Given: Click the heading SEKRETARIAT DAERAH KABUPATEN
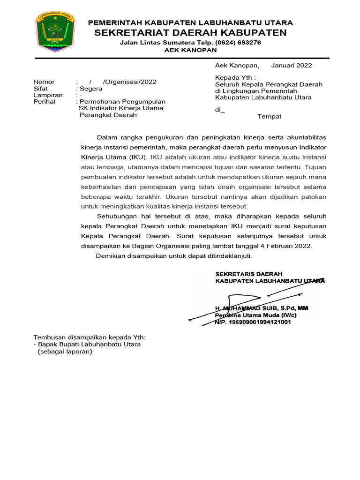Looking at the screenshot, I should pyautogui.click(x=190, y=32).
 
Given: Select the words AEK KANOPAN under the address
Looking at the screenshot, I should pyautogui.click(x=190, y=50).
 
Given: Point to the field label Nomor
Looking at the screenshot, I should pyautogui.click(x=44, y=82).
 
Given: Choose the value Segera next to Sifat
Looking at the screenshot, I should pyautogui.click(x=91, y=89).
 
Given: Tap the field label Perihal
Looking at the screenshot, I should pyautogui.click(x=44, y=102).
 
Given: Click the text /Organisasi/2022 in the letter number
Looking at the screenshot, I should pyautogui.click(x=129, y=82).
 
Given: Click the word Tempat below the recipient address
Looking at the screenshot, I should pyautogui.click(x=270, y=116).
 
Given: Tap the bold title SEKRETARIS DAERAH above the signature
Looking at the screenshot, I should pyautogui.click(x=248, y=274).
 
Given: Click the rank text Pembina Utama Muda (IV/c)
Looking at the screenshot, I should pyautogui.click(x=256, y=315).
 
